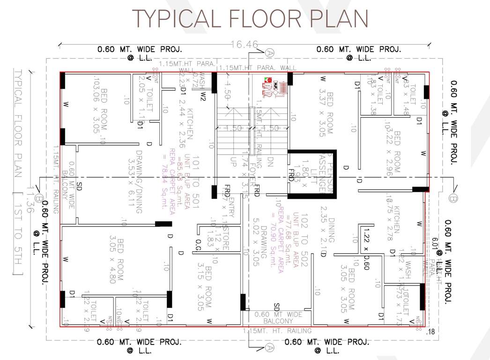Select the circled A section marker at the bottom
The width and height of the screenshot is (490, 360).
click(x=269, y=347)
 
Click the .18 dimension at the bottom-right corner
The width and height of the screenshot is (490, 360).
click(x=431, y=332)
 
